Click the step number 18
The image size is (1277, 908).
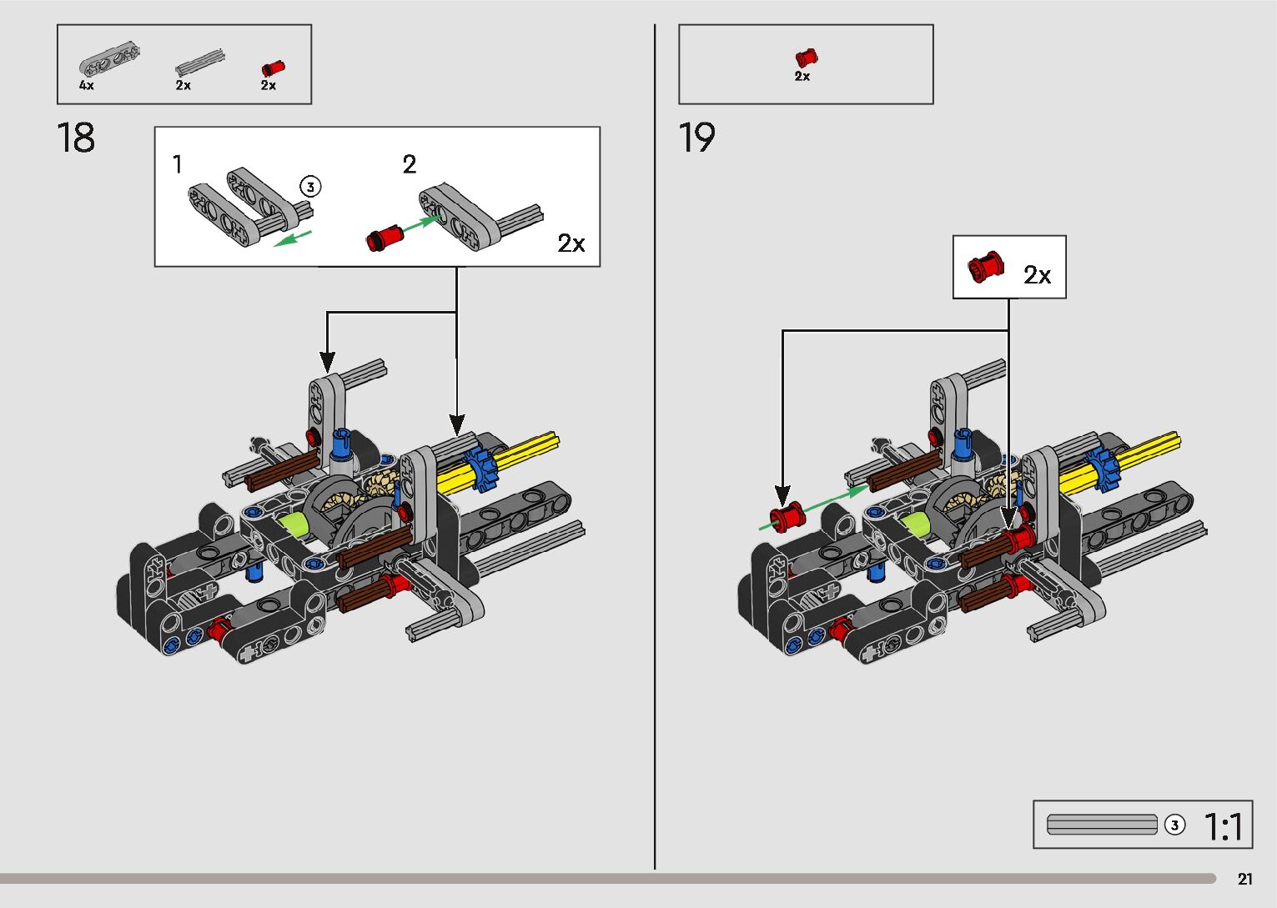tap(76, 138)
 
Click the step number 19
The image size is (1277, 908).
tap(696, 138)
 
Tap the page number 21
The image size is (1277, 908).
tap(1244, 879)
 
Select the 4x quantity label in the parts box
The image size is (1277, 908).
tap(87, 85)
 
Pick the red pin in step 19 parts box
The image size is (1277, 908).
tap(806, 58)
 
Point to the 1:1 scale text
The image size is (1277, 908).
tap(1224, 826)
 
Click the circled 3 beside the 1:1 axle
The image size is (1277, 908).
tap(1174, 825)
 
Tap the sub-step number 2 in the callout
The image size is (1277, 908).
tap(409, 164)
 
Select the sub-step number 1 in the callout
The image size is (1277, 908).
tap(177, 164)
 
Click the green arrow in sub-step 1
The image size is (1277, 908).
tap(293, 238)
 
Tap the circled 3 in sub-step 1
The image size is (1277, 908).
tap(309, 186)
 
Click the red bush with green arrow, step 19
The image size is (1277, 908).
tap(785, 517)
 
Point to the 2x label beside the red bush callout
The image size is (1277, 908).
tap(1037, 275)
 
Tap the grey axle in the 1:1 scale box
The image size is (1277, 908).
tap(1102, 825)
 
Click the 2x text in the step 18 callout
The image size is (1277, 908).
tap(571, 243)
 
